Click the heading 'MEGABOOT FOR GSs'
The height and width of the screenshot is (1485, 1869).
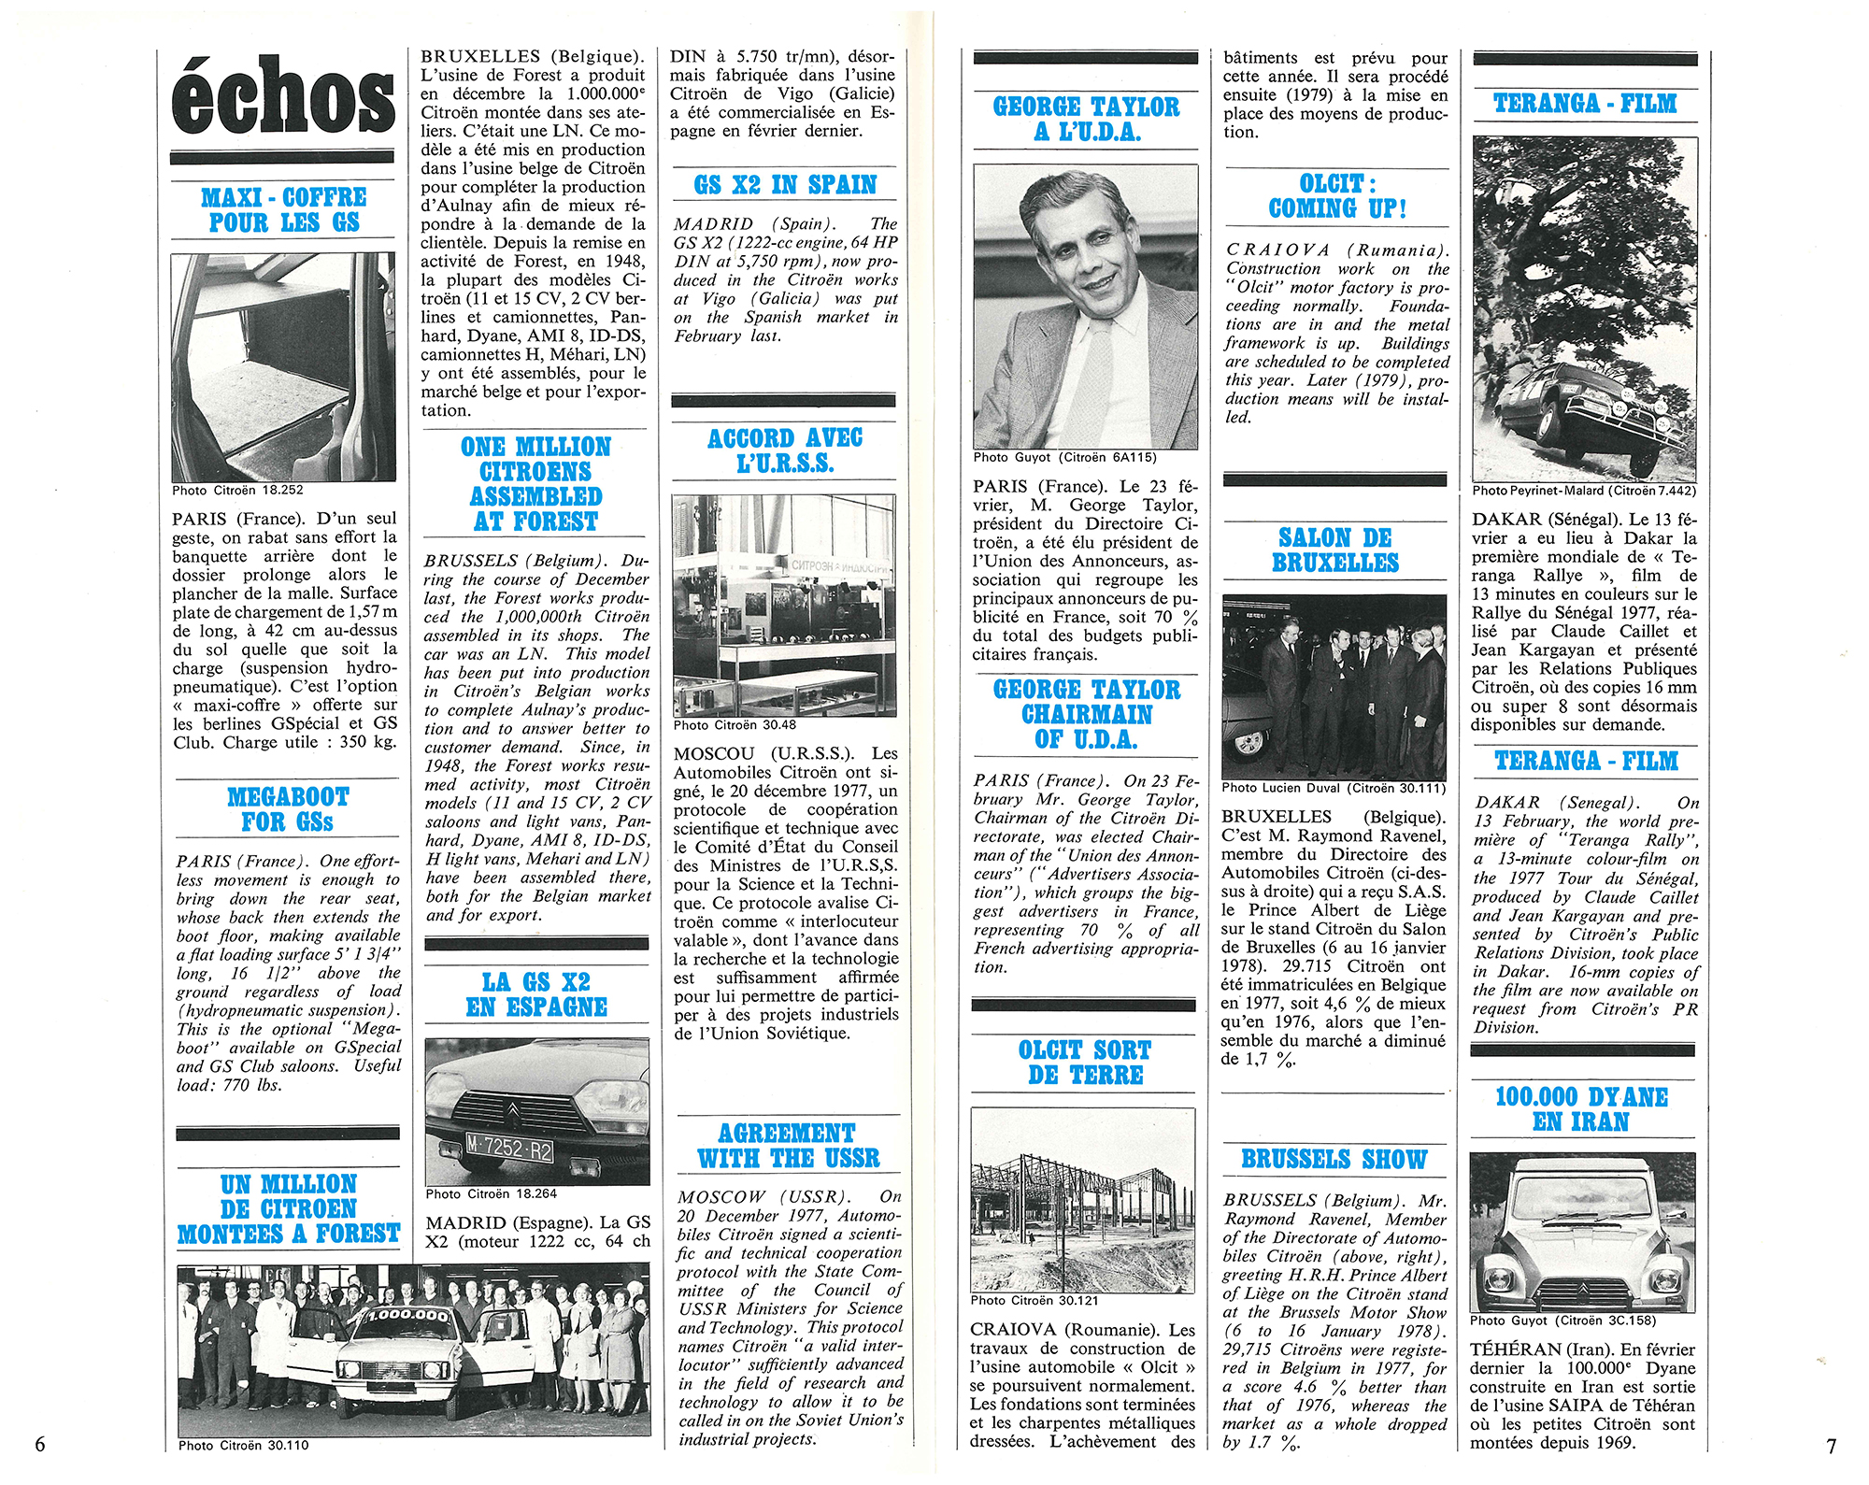pyautogui.click(x=288, y=809)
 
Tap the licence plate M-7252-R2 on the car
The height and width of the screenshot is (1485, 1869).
pyautogui.click(x=509, y=1148)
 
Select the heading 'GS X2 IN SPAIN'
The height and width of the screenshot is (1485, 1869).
pyautogui.click(x=785, y=185)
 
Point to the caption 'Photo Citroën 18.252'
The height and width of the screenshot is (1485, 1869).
pyautogui.click(x=237, y=490)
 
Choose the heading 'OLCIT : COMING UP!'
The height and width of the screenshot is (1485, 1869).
pyautogui.click(x=1337, y=196)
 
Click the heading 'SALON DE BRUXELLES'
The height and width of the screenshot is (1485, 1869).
pyautogui.click(x=1335, y=550)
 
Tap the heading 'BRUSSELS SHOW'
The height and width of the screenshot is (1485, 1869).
pyautogui.click(x=1334, y=1160)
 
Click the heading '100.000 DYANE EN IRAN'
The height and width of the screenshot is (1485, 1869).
pyautogui.click(x=1581, y=1109)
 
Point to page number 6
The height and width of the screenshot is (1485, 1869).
pyautogui.click(x=39, y=1444)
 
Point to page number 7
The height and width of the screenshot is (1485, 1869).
pyautogui.click(x=1831, y=1446)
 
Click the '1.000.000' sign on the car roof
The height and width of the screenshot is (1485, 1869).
pyautogui.click(x=407, y=1315)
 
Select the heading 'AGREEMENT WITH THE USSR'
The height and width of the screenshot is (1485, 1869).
pyautogui.click(x=788, y=1146)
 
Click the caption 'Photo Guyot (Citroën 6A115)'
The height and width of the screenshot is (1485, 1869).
pyautogui.click(x=1064, y=457)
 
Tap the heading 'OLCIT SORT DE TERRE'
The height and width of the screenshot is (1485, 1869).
pyautogui.click(x=1085, y=1063)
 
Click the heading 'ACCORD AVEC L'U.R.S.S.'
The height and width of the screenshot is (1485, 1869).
pyautogui.click(x=785, y=450)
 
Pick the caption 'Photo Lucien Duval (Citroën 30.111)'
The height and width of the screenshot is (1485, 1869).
pyautogui.click(x=1334, y=788)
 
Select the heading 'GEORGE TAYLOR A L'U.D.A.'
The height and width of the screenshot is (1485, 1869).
pyautogui.click(x=1086, y=119)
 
